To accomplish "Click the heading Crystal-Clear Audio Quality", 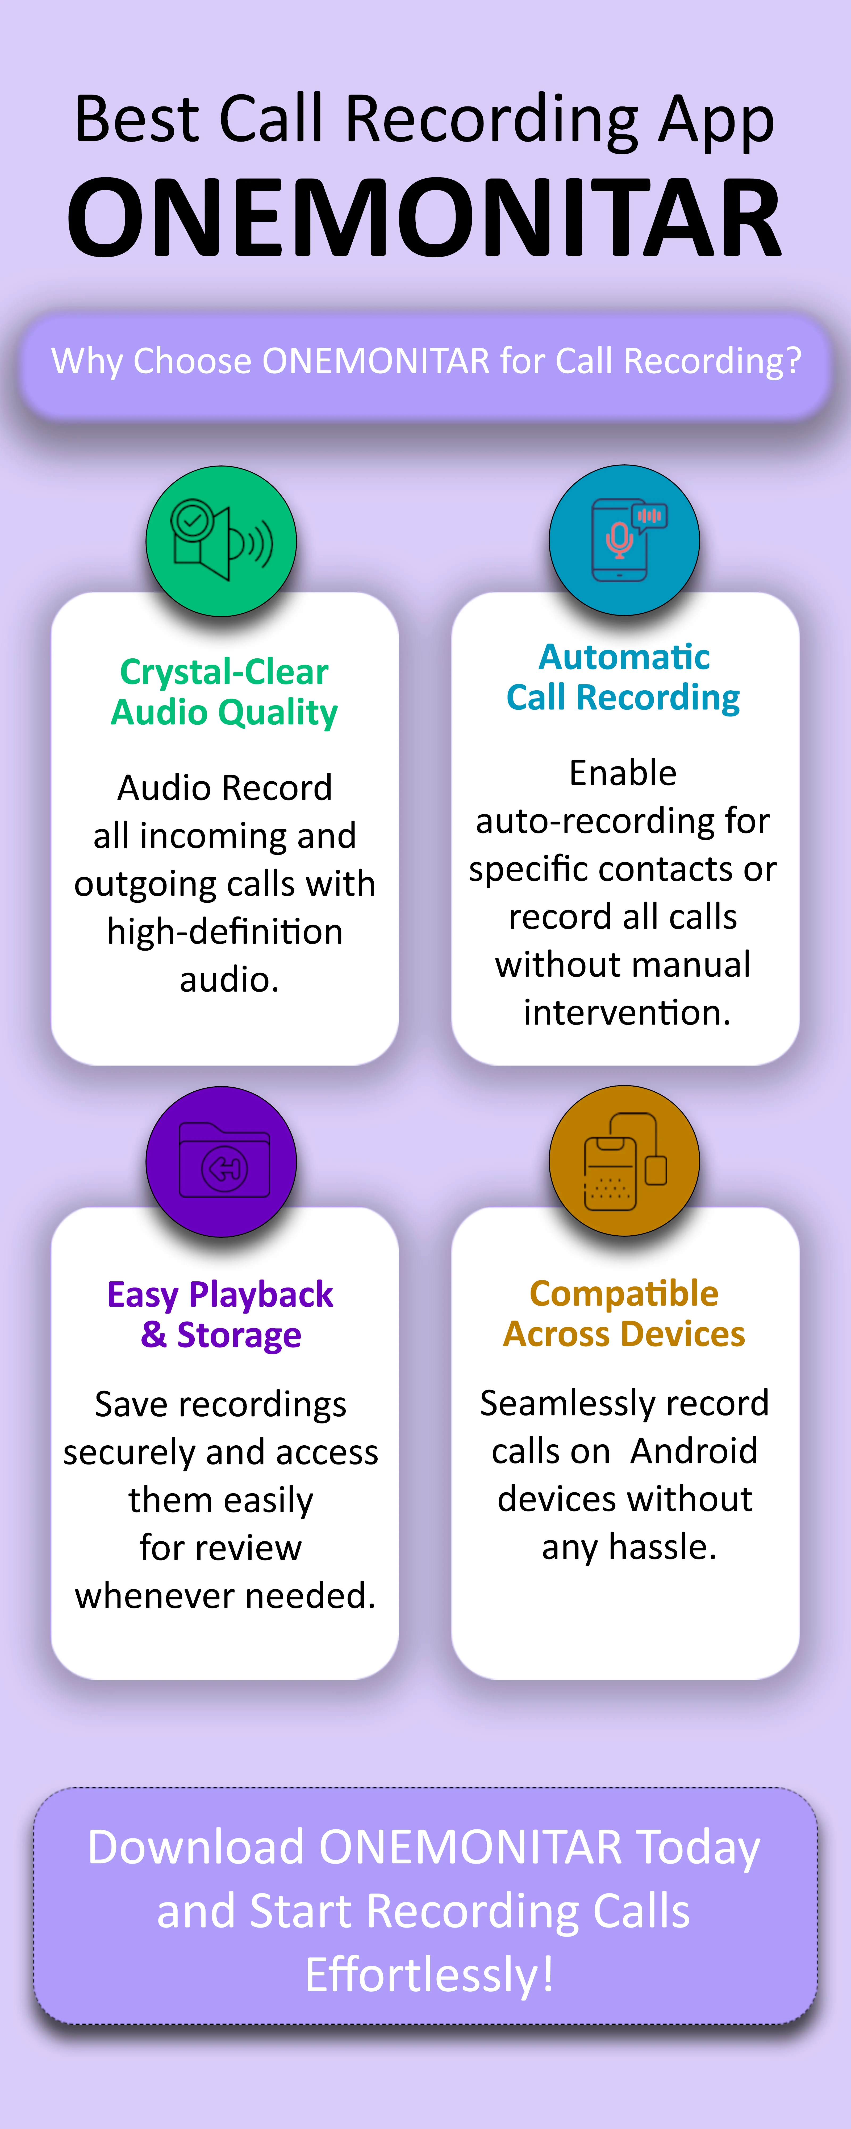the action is click(224, 692).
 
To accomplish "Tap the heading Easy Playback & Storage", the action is click(221, 1314).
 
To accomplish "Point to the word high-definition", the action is click(225, 931).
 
